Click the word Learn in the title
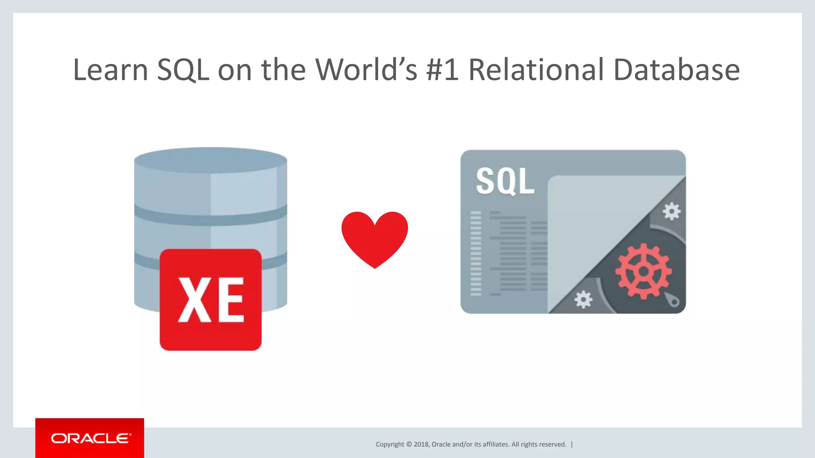tap(111, 70)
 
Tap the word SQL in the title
tap(183, 70)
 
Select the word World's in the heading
tap(366, 70)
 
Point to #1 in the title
tap(442, 70)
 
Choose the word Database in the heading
tap(677, 70)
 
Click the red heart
tap(374, 238)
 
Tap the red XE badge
tap(211, 299)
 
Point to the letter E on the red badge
tap(230, 299)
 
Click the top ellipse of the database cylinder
tap(211, 160)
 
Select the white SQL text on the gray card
tap(505, 181)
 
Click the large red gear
tap(643, 272)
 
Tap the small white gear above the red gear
tap(671, 212)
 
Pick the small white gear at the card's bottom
tap(583, 299)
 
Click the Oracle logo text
tap(90, 438)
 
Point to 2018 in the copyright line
tap(421, 444)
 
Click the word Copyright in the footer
tap(390, 444)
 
